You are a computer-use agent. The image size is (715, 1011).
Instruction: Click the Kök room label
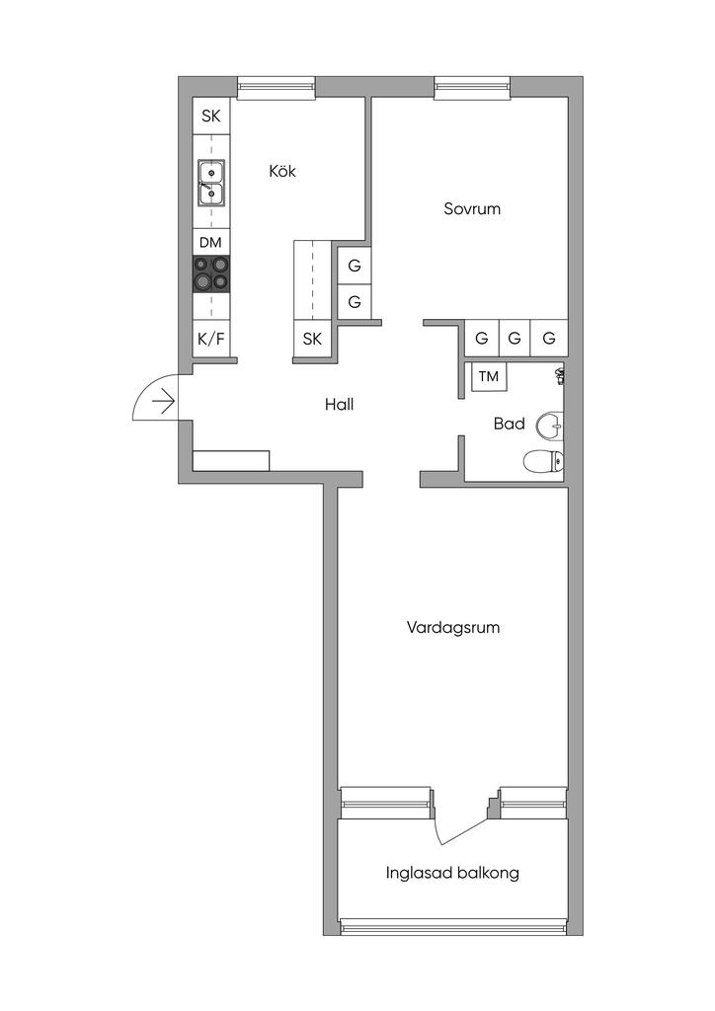282,171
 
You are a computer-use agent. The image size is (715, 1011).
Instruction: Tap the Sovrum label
472,208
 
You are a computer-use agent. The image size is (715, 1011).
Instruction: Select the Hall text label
339,404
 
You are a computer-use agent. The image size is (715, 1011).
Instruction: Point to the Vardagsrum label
452,627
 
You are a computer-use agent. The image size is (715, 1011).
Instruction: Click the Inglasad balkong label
452,873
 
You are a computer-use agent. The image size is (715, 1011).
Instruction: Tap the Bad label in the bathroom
509,424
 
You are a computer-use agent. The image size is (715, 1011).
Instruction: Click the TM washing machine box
489,376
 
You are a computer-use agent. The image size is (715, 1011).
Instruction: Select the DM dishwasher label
210,243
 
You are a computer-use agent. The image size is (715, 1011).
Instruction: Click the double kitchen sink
210,183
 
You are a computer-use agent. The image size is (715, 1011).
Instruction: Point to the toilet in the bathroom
543,460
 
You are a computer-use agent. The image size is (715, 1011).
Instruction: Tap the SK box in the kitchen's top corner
210,117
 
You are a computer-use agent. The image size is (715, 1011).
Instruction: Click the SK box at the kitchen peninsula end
313,340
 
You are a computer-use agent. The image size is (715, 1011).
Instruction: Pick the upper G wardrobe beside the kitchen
354,266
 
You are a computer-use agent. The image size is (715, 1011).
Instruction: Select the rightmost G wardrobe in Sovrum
549,339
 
